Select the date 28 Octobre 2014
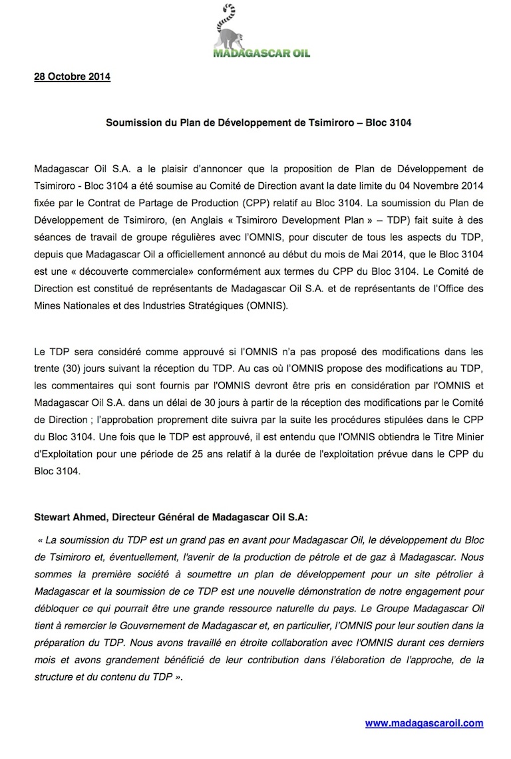pos(72,77)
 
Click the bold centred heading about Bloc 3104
pos(255,124)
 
